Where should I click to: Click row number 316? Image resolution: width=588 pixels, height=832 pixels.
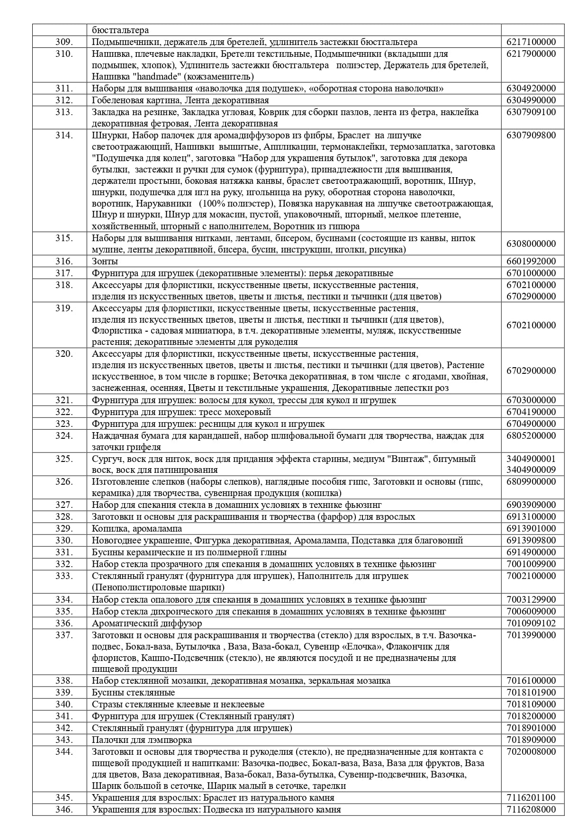[x=63, y=262]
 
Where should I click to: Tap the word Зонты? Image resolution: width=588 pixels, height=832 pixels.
[x=105, y=262]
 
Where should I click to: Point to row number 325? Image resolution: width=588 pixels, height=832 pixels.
[x=63, y=459]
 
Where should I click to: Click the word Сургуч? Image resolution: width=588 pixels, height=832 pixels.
[x=105, y=459]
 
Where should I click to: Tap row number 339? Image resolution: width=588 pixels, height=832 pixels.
[x=63, y=693]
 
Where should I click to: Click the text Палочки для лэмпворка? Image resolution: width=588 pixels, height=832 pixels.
[x=142, y=740]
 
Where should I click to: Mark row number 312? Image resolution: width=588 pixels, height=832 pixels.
[x=63, y=100]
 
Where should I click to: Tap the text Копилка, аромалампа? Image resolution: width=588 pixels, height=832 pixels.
[x=136, y=529]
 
